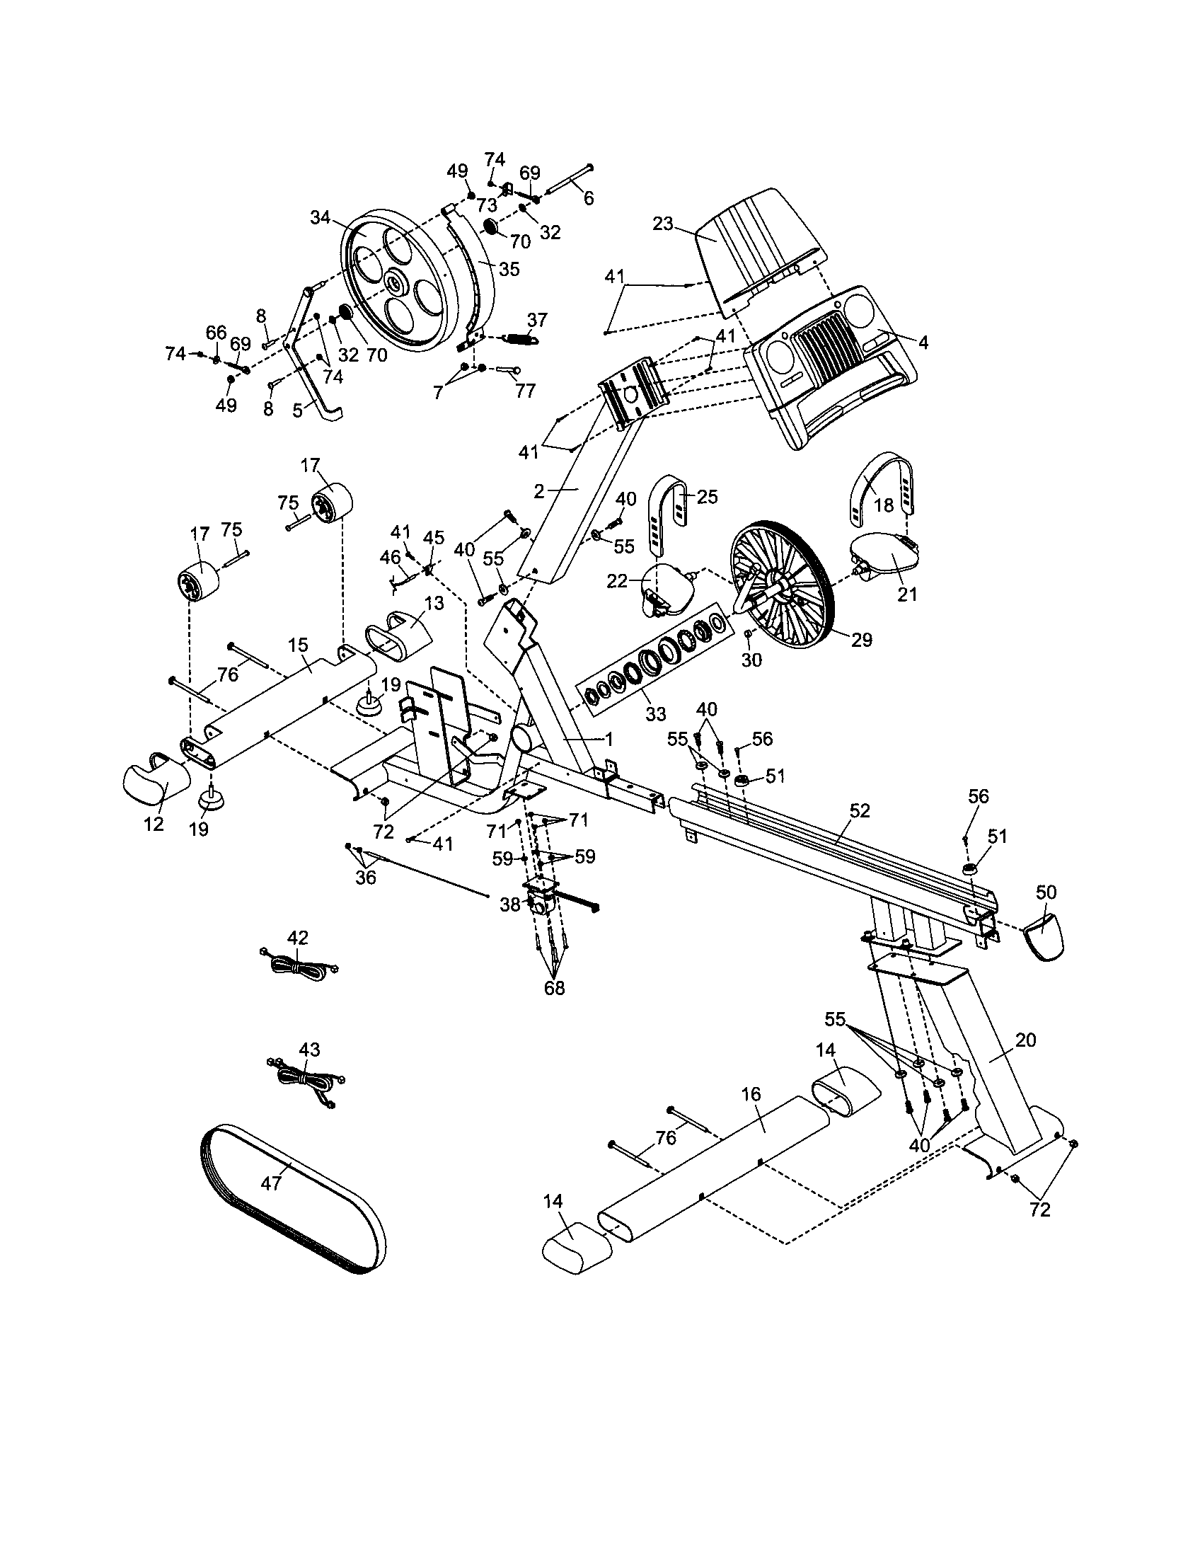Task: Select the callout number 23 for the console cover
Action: tap(663, 224)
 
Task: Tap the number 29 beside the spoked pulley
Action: tap(862, 640)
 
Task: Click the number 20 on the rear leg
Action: tap(1025, 1040)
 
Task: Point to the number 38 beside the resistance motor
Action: tap(510, 904)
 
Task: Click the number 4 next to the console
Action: tap(923, 343)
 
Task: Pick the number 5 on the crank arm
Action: tap(297, 410)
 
